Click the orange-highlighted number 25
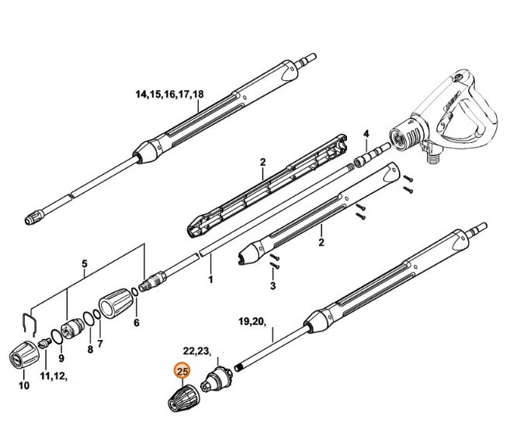pos(183,372)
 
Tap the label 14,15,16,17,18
pos(169,94)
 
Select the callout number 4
pos(366,133)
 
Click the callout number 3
pos(272,286)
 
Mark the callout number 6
pos(137,322)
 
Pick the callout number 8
pos(89,349)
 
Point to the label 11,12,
pos(54,377)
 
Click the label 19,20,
pos(252,320)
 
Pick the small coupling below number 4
pos(362,162)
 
